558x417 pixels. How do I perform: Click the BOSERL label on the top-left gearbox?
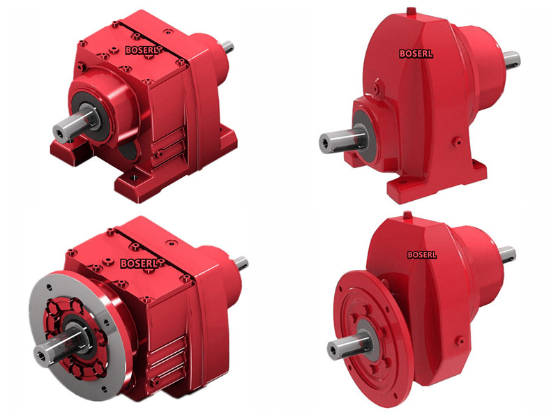[142, 50]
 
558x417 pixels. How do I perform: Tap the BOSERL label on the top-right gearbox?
[416, 54]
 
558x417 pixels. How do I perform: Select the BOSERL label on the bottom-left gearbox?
[139, 264]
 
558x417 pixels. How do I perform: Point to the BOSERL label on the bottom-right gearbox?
[422, 255]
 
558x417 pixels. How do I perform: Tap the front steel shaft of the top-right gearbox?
[342, 140]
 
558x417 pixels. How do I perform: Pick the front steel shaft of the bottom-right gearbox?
[348, 345]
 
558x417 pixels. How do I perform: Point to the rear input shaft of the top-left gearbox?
[228, 47]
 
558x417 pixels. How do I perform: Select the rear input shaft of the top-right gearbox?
[511, 60]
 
